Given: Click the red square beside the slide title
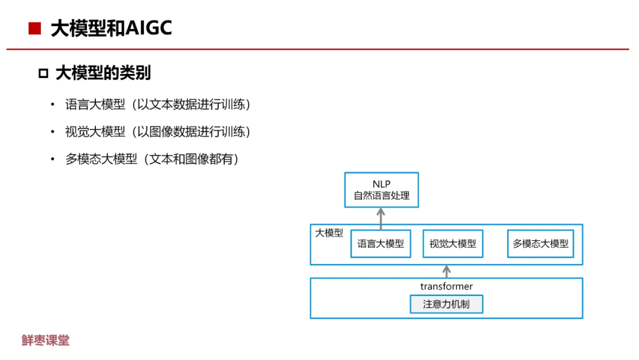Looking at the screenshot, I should (x=34, y=28).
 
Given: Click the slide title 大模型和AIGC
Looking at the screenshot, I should (x=111, y=28).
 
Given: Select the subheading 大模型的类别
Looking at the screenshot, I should (x=103, y=73).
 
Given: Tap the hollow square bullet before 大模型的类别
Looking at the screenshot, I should (x=43, y=73).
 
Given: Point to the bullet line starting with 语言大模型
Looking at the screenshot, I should (x=158, y=105).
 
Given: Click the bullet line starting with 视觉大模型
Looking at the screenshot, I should (x=158, y=132).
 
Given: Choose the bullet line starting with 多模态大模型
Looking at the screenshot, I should (x=152, y=159).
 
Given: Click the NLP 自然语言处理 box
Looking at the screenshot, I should (x=382, y=190).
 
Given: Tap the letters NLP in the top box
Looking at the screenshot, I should (x=382, y=184).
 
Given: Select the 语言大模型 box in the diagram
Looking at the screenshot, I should (x=380, y=243).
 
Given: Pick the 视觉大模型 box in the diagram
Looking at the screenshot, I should (x=453, y=243).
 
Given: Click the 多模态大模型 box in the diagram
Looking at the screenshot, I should (x=540, y=243).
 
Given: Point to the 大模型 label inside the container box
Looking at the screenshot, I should (x=329, y=233).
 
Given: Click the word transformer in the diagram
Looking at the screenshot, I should (x=447, y=287).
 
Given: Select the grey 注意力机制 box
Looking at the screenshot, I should (x=447, y=304).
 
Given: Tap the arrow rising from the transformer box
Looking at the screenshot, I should (x=447, y=271).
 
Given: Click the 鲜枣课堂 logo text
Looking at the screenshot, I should (x=46, y=340).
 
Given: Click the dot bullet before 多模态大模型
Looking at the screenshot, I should (x=52, y=159).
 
